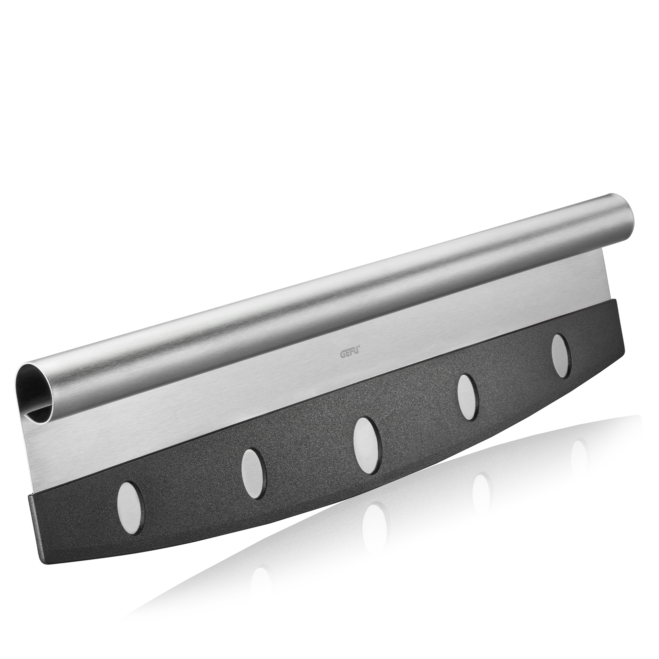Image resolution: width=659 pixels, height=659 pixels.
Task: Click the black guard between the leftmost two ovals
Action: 191,491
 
